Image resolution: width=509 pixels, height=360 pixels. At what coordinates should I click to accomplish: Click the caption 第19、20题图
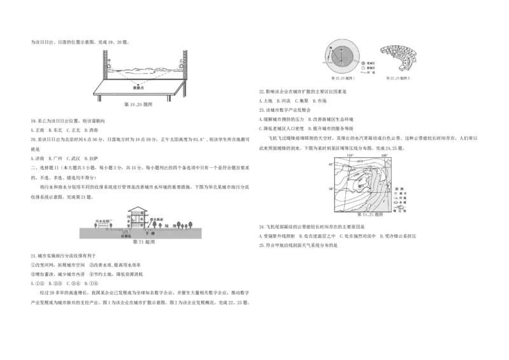pyautogui.click(x=138, y=105)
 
